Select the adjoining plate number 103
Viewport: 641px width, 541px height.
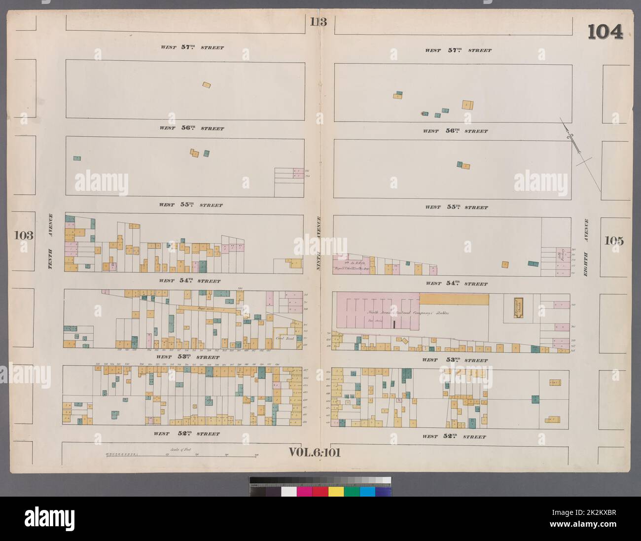tap(24, 235)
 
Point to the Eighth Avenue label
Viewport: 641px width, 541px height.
tap(586, 247)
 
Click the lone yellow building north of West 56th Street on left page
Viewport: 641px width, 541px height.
tap(207, 85)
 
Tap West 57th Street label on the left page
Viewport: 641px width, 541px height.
tap(191, 48)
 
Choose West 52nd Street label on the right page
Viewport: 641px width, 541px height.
tap(454, 436)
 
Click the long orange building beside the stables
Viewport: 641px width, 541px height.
tap(454, 299)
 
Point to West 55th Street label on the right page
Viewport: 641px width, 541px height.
tap(457, 207)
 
